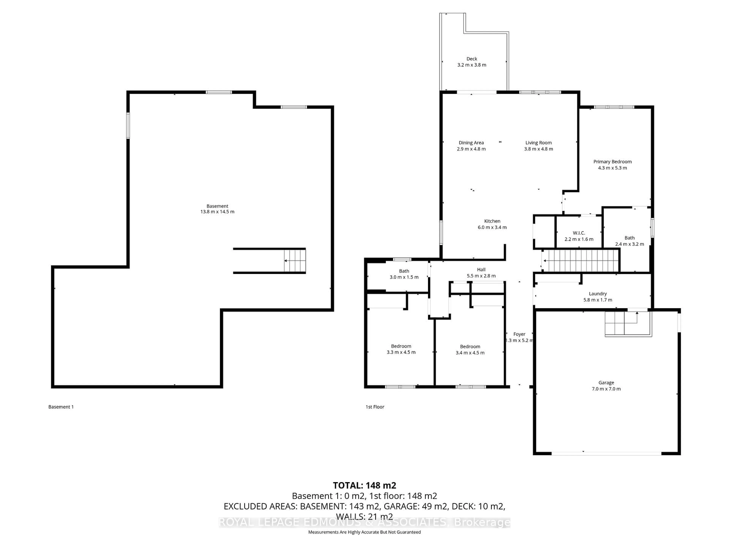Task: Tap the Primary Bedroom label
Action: [x=612, y=162]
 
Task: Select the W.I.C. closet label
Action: [x=579, y=233]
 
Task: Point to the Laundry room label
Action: [x=597, y=293]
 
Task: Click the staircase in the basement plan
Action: [x=295, y=260]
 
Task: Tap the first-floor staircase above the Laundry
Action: [x=580, y=260]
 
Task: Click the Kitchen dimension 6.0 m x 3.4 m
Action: [x=492, y=227]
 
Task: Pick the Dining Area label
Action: [x=471, y=143]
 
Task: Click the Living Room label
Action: [x=539, y=143]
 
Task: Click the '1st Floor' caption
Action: [x=375, y=407]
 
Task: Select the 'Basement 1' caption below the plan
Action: [x=61, y=407]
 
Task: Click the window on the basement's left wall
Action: [x=128, y=125]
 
